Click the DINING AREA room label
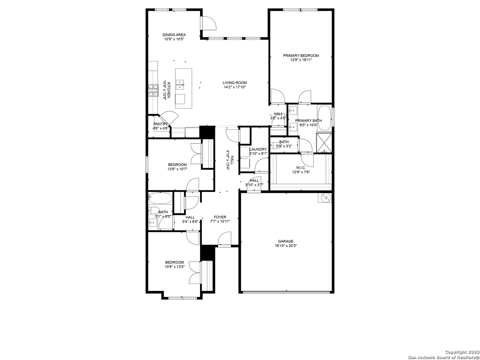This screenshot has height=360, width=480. (174, 35)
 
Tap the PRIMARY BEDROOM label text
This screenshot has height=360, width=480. (301, 56)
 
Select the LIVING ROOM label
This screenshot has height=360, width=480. (235, 83)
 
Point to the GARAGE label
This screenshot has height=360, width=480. (286, 241)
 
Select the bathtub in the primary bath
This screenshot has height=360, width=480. (324, 118)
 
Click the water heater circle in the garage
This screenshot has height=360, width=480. (325, 198)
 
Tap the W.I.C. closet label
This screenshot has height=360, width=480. (301, 168)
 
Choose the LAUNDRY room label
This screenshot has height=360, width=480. (258, 149)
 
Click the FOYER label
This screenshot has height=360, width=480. (220, 217)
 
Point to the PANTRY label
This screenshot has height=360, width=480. (161, 124)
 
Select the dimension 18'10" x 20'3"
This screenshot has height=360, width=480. (286, 246)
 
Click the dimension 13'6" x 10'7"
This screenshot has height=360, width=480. (177, 169)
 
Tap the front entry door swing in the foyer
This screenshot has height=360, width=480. (224, 239)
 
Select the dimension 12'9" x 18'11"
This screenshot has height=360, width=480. (301, 60)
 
